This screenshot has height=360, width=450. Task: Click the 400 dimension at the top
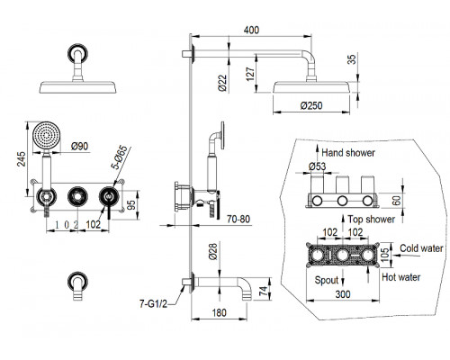[x=251, y=30]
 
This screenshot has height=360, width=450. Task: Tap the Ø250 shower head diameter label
[x=311, y=105]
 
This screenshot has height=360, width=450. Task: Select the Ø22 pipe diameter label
[x=223, y=83]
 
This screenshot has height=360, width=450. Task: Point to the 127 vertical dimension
[x=250, y=74]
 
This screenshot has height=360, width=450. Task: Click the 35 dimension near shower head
[x=353, y=58]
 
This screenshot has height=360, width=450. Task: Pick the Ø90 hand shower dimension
[x=80, y=146]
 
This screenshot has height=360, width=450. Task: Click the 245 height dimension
[x=21, y=159]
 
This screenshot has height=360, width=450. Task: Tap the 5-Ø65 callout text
[x=121, y=157]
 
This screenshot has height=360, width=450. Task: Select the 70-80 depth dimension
[x=238, y=220]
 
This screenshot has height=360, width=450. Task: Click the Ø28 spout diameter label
[x=212, y=251]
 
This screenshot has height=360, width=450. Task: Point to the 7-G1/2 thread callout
[x=153, y=304]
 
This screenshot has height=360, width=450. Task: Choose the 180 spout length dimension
[x=220, y=313]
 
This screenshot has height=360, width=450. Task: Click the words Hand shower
[x=348, y=153]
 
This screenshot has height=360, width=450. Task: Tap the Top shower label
[x=372, y=220]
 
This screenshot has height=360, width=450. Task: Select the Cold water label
[x=421, y=248]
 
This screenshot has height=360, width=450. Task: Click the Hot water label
[x=401, y=277]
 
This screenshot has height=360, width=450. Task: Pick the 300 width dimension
[x=343, y=294]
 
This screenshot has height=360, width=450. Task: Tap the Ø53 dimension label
[x=317, y=166]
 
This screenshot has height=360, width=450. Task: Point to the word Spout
[x=327, y=280]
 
